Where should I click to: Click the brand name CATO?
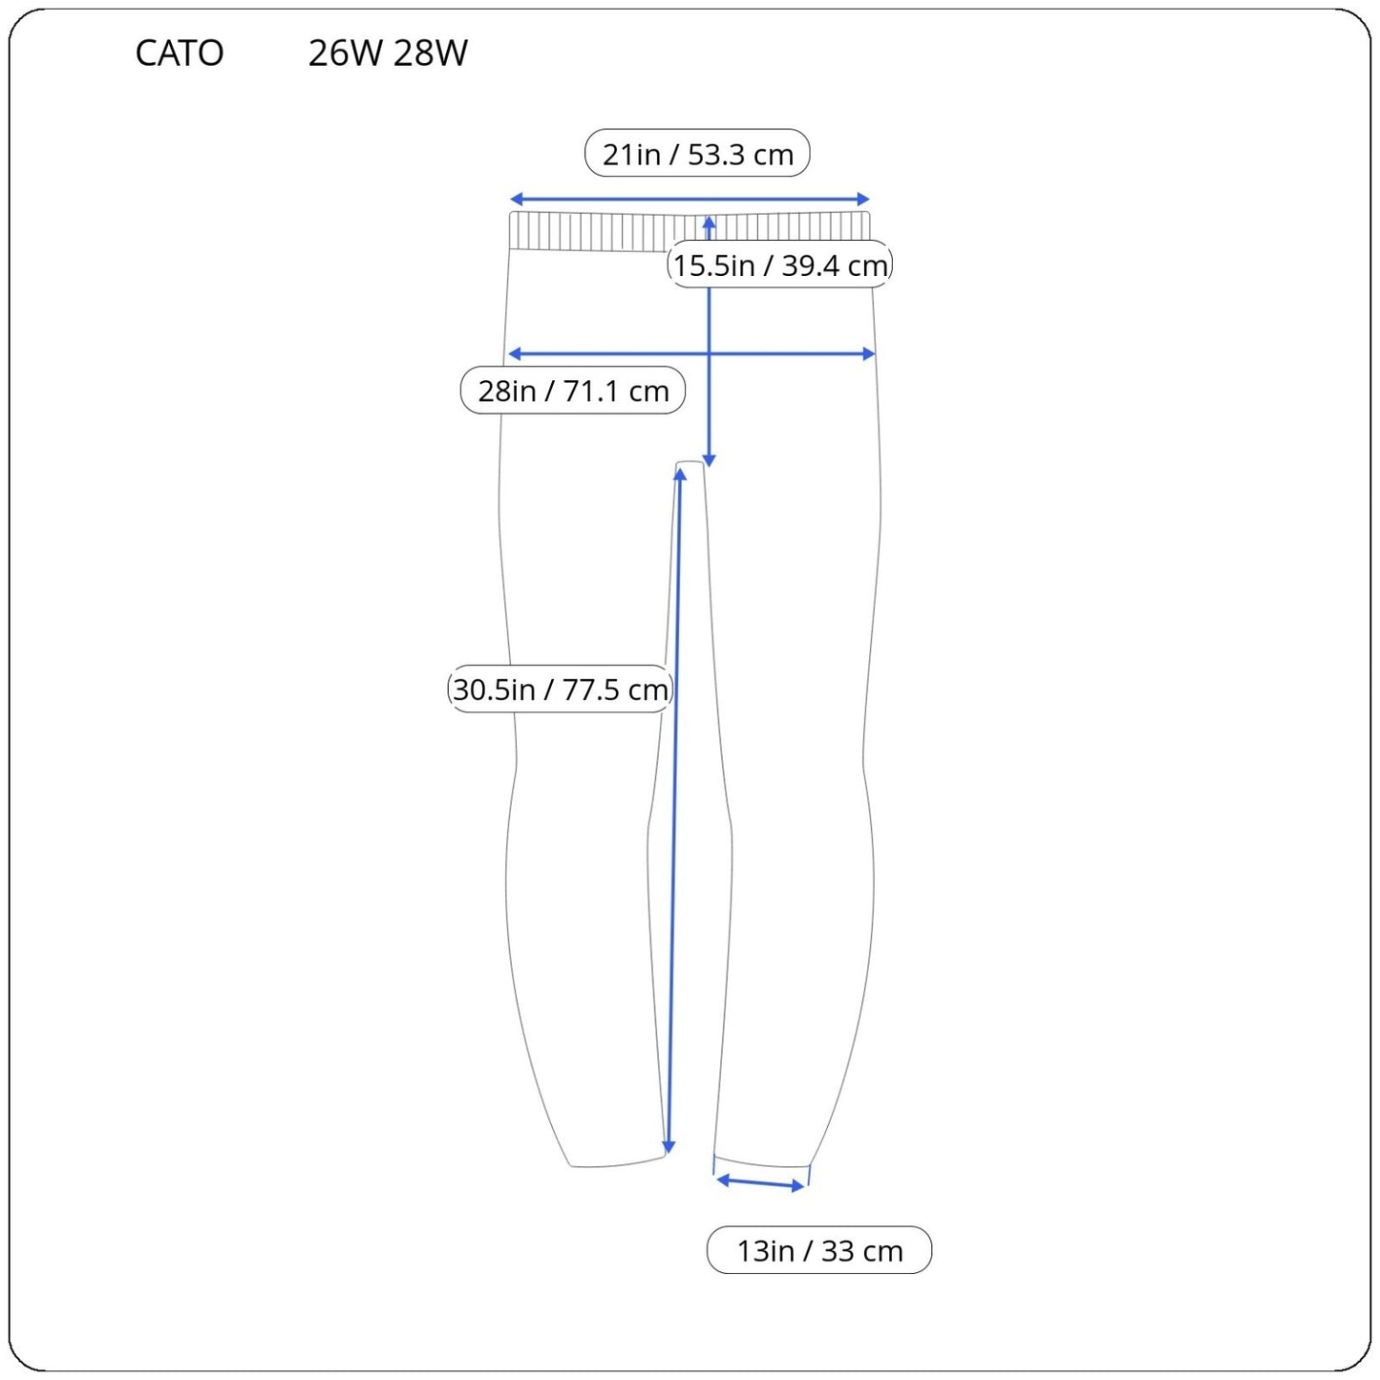[x=180, y=53]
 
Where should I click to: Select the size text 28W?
[x=431, y=53]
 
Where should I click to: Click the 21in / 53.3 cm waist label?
[x=697, y=154]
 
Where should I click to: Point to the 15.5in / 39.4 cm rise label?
[x=779, y=265]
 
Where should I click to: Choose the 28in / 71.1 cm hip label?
[x=573, y=391]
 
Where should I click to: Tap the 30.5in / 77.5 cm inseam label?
[x=561, y=690]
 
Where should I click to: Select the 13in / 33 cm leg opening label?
[x=819, y=1250]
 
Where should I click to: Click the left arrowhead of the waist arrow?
[x=516, y=200]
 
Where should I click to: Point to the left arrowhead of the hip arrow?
[x=514, y=354]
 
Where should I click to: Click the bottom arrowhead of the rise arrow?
[x=709, y=460]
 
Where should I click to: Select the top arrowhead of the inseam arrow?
[x=680, y=475]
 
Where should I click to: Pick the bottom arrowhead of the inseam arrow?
[x=669, y=1147]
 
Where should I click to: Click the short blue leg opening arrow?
[x=760, y=1183]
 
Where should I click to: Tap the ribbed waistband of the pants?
[x=592, y=232]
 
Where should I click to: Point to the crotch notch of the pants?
[x=690, y=465]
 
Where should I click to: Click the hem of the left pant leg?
[x=617, y=1163]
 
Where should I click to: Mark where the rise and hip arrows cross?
[x=709, y=354]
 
